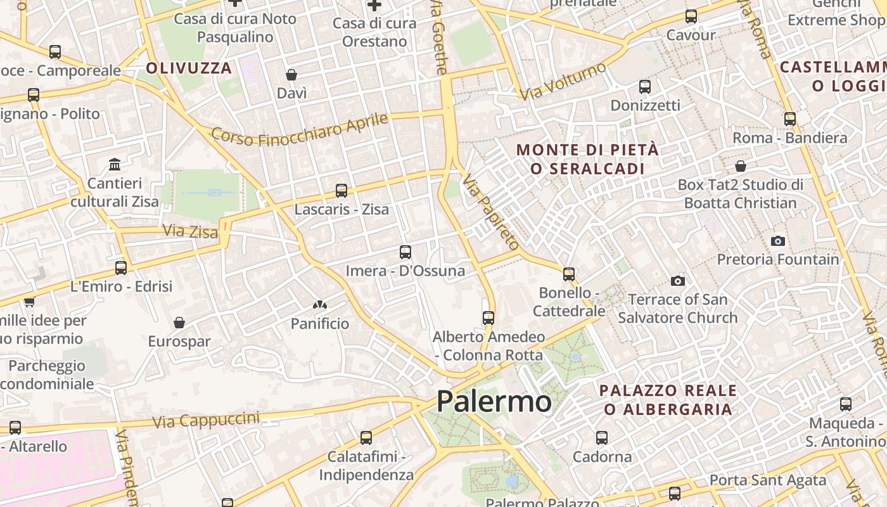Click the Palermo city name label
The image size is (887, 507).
pyautogui.click(x=494, y=401)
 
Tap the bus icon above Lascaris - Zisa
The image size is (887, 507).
pyautogui.click(x=341, y=190)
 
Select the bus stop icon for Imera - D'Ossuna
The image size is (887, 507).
pyautogui.click(x=405, y=252)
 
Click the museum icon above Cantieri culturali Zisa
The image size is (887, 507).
pyautogui.click(x=115, y=165)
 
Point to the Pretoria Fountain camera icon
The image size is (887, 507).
pyautogui.click(x=778, y=241)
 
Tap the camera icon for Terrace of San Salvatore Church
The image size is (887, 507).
pyautogui.click(x=678, y=281)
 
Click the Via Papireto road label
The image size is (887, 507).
pyautogui.click(x=490, y=212)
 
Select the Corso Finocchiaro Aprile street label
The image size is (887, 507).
pyautogui.click(x=299, y=129)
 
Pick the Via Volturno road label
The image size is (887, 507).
pyautogui.click(x=563, y=81)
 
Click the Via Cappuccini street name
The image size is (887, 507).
pyautogui.click(x=206, y=420)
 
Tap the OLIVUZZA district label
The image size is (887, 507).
pyautogui.click(x=189, y=68)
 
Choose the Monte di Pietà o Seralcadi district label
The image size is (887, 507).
pyautogui.click(x=588, y=159)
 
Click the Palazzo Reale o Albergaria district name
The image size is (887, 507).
pyautogui.click(x=668, y=399)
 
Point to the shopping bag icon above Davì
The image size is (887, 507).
pyautogui.click(x=291, y=75)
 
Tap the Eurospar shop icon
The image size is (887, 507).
pyautogui.click(x=179, y=323)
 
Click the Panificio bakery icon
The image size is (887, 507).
pyautogui.click(x=320, y=305)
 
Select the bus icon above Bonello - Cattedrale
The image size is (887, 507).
pyautogui.click(x=569, y=274)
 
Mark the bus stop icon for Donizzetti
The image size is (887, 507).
pyautogui.click(x=645, y=86)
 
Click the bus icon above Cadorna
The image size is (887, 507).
pyautogui.click(x=602, y=437)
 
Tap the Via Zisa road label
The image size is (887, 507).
pyautogui.click(x=190, y=231)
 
